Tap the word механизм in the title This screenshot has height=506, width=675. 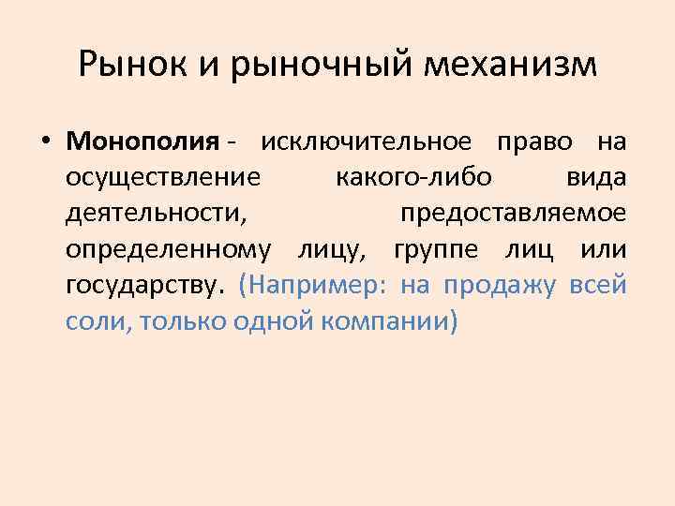[x=512, y=65]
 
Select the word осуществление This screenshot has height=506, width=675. [x=164, y=178]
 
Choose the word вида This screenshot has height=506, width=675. [x=596, y=178]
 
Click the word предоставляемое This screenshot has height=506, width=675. [x=513, y=214]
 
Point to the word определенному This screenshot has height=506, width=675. [x=170, y=250]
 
